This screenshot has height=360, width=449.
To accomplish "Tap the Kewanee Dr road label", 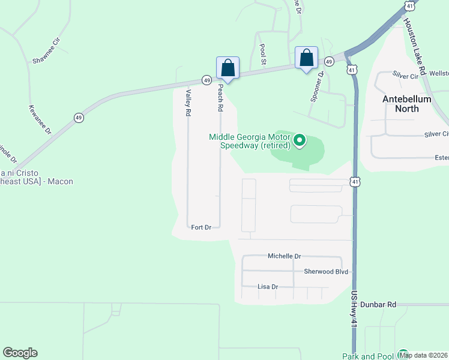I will pyautogui.click(x=40, y=119).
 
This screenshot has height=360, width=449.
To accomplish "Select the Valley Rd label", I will pyautogui.click(x=188, y=103).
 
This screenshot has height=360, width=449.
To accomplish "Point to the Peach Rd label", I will pyautogui.click(x=220, y=97).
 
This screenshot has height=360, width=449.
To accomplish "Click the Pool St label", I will pyautogui.click(x=262, y=55).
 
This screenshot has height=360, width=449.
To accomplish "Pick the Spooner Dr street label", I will pyautogui.click(x=317, y=86).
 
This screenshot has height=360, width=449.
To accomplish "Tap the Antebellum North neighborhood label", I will pyautogui.click(x=406, y=104).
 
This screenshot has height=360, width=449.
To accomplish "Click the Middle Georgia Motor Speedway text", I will pyautogui.click(x=250, y=141).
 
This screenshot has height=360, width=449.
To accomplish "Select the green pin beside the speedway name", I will pyautogui.click(x=300, y=141).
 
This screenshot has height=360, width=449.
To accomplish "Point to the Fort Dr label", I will pyautogui.click(x=201, y=227).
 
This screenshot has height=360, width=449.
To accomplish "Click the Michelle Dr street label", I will pyautogui.click(x=284, y=256).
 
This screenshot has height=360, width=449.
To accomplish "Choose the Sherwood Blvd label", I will pyautogui.click(x=326, y=272).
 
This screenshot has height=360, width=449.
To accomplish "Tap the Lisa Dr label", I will pyautogui.click(x=268, y=287).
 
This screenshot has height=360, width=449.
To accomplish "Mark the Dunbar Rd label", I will pyautogui.click(x=383, y=305).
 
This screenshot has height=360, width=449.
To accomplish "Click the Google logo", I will pyautogui.click(x=20, y=353).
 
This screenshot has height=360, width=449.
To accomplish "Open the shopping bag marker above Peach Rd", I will pyautogui.click(x=228, y=67).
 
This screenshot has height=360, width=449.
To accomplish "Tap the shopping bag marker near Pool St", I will pyautogui.click(x=306, y=59).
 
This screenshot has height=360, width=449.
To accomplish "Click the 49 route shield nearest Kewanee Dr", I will pyautogui.click(x=79, y=118).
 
